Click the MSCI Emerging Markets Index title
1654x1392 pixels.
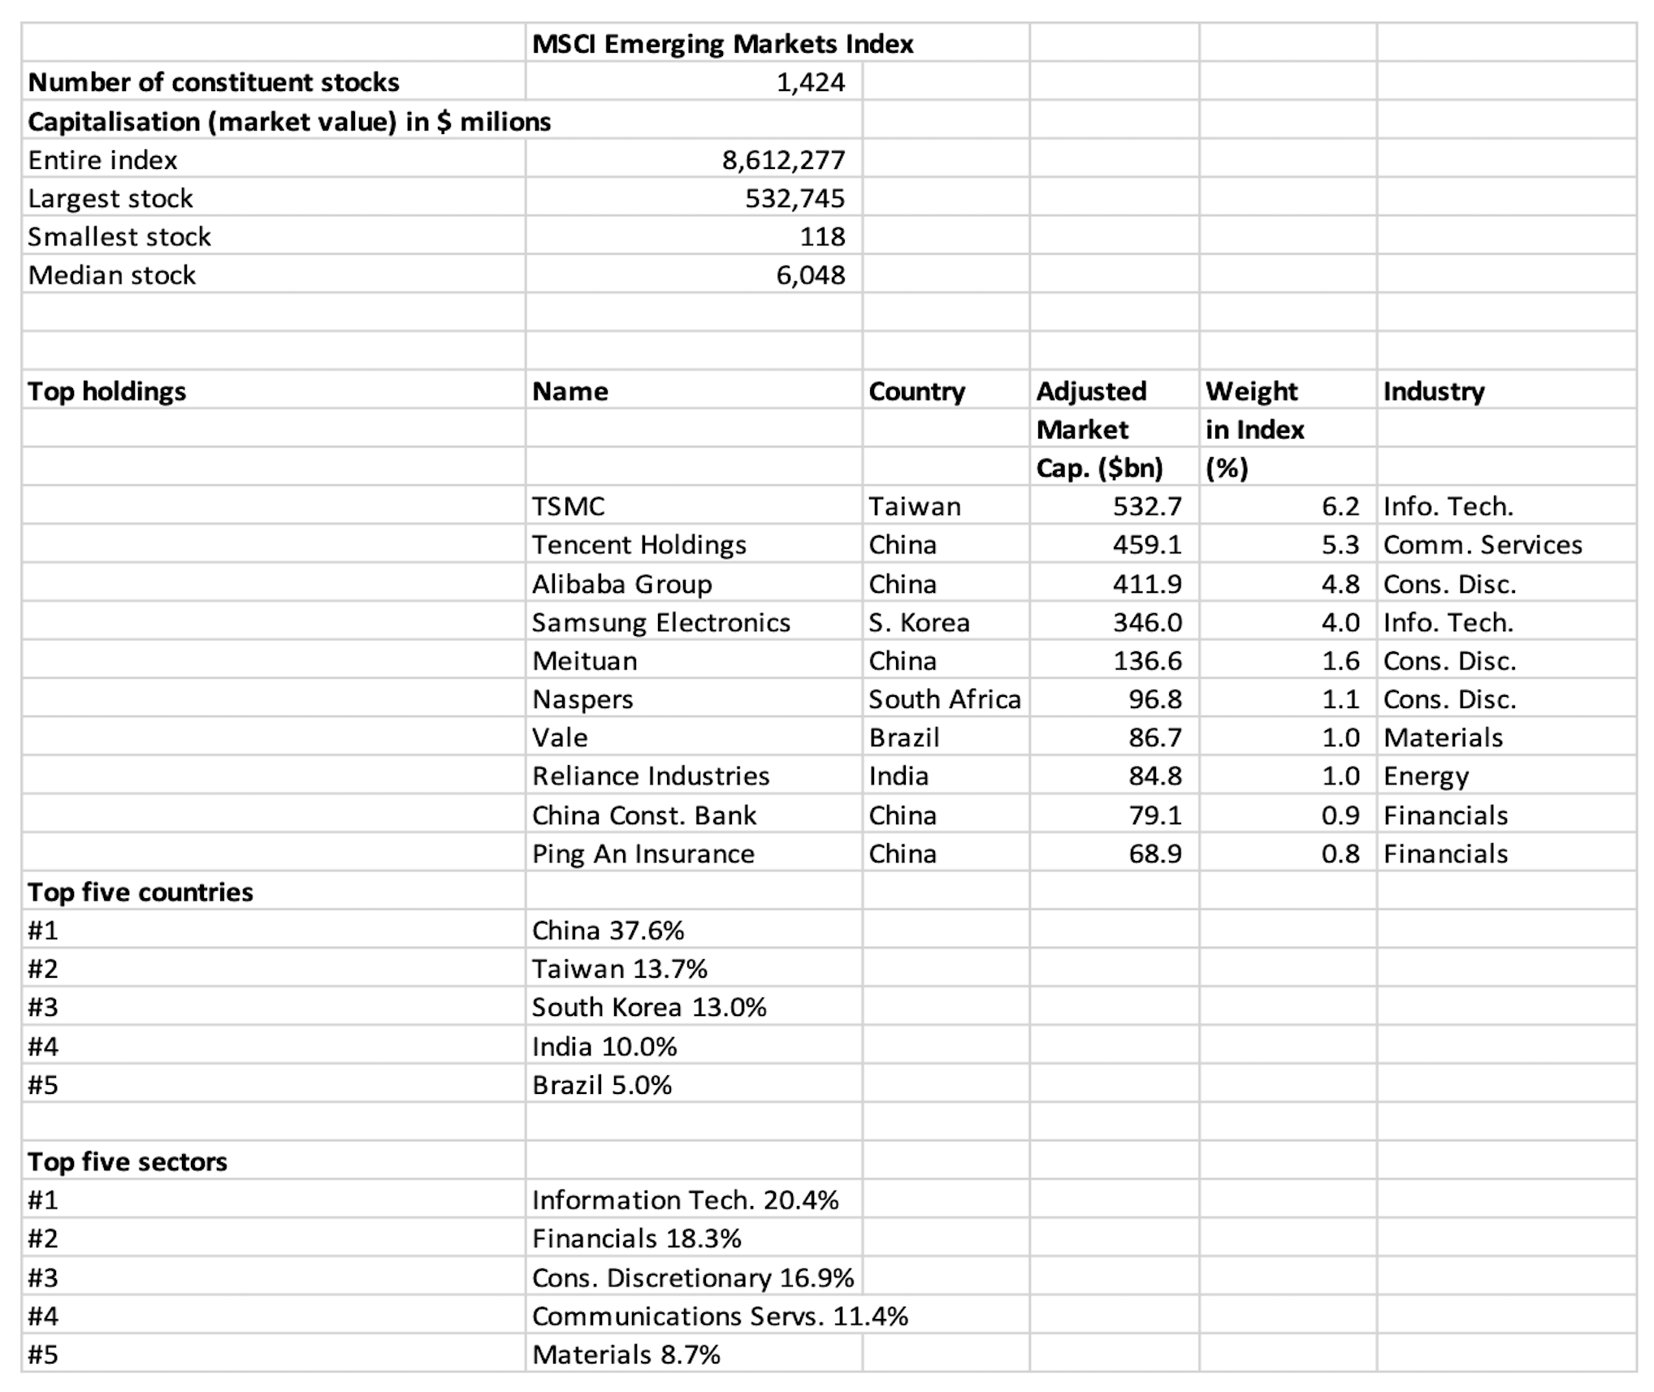[722, 44]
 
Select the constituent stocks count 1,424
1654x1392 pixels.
[810, 82]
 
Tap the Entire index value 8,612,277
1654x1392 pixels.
[783, 160]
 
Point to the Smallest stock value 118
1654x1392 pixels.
[822, 236]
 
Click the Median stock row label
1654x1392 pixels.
[112, 275]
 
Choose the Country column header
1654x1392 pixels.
[916, 391]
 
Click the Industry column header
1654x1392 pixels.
[1433, 391]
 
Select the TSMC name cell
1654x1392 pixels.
[568, 507]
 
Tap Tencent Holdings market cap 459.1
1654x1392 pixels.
[1146, 545]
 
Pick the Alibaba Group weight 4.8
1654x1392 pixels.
[1340, 585]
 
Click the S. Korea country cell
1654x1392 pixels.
[919, 623]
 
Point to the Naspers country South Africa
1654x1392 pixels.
[944, 699]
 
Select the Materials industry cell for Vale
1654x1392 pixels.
[1443, 737]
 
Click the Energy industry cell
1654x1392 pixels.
[1426, 776]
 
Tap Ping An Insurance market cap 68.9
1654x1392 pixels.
[1154, 854]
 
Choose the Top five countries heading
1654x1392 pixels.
[141, 893]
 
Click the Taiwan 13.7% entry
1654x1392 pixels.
[619, 969]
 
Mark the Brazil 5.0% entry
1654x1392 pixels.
[601, 1085]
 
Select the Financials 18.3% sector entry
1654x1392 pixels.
[636, 1239]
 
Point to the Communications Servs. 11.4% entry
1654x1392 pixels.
[720, 1316]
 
